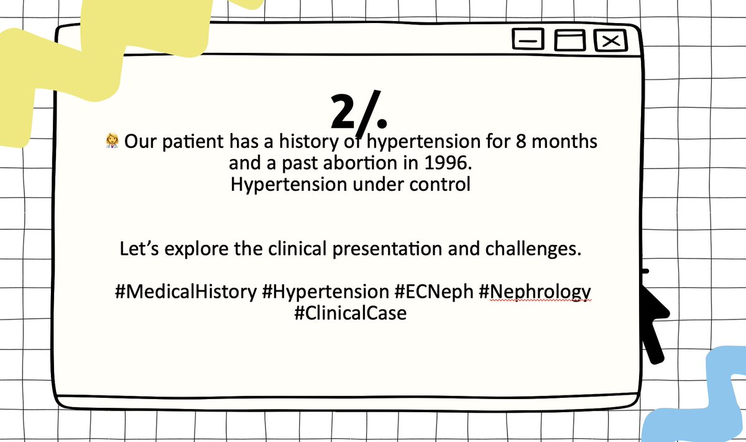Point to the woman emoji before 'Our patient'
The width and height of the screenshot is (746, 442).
pos(112,142)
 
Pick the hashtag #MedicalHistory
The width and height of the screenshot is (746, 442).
pos(185,292)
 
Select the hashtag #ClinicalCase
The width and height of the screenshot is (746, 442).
pos(351,313)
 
